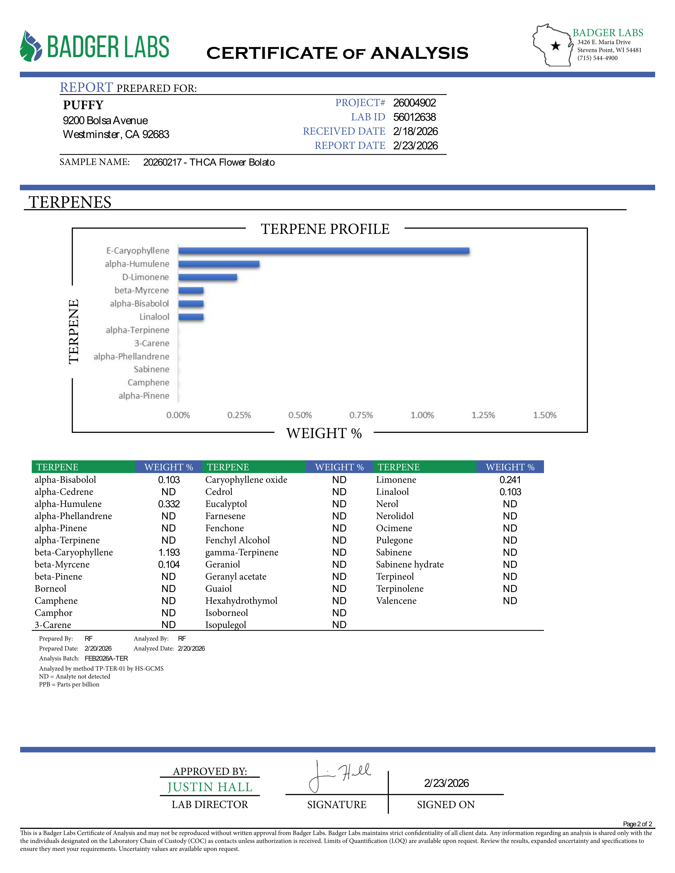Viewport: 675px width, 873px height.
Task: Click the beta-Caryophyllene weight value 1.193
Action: tap(169, 552)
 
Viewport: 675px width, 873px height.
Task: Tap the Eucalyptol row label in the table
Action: tap(226, 504)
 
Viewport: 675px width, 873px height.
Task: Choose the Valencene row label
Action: tap(396, 601)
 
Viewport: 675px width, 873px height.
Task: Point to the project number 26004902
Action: tap(414, 103)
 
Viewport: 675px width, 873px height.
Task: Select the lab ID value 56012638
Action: tap(414, 117)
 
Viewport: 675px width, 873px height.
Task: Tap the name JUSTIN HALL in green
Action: tap(210, 787)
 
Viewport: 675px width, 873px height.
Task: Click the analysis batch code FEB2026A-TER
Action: tap(106, 658)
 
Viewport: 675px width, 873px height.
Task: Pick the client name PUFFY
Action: tap(83, 105)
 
